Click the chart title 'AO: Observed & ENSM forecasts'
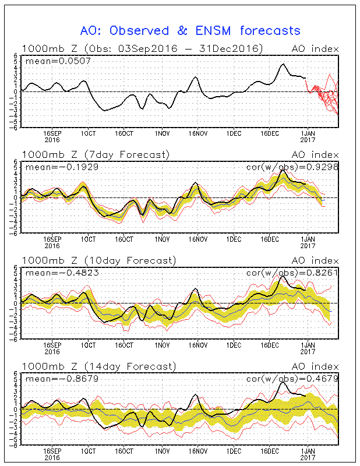click(x=190, y=31)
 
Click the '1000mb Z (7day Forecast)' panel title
click(x=96, y=154)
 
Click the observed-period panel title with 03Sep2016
click(x=142, y=48)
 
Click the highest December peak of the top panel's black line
click(x=283, y=64)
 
